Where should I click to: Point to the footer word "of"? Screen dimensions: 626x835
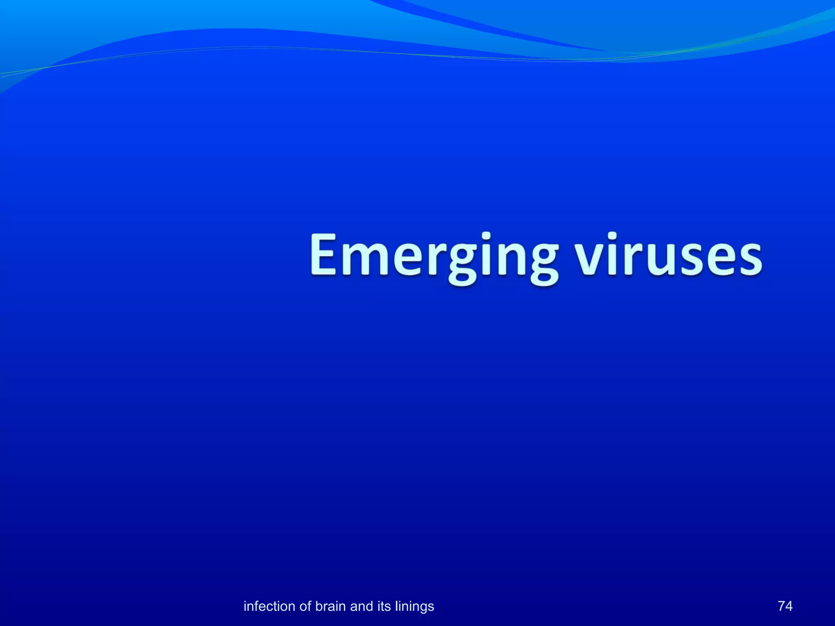coord(305,606)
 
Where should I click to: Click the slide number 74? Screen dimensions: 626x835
coord(785,606)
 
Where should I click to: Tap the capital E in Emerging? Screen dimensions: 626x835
coord(324,255)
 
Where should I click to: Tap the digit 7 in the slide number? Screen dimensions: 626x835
coord(781,606)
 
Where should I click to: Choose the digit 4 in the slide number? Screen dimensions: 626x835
coord(789,606)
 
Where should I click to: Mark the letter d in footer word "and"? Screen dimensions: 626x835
coord(368,606)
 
